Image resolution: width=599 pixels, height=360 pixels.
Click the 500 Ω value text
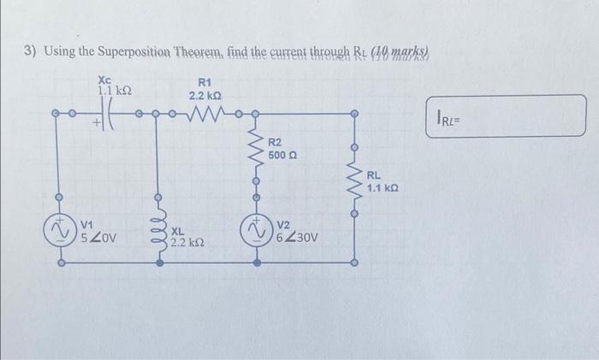282,156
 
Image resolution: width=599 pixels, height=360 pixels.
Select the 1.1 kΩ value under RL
383,186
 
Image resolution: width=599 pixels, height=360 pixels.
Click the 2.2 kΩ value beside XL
187,243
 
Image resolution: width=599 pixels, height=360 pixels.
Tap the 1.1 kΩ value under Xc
114,89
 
